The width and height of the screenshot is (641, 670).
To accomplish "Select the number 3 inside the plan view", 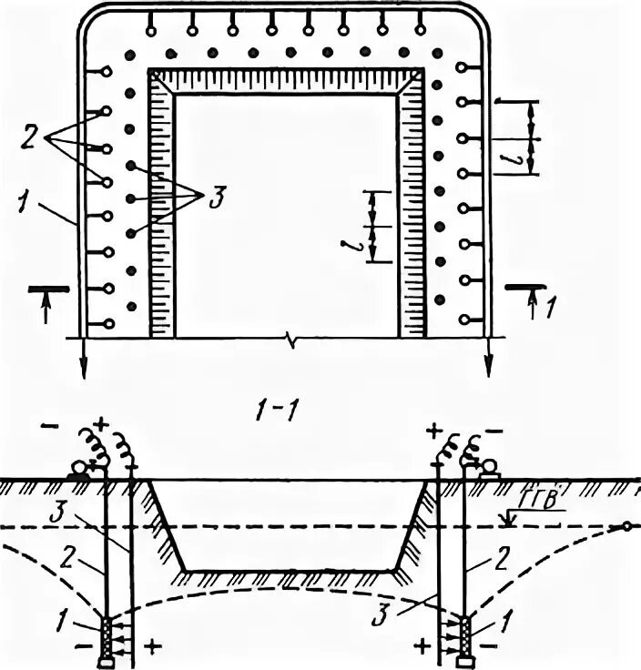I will click(215, 199).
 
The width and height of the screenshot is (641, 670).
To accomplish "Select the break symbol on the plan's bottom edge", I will click(290, 340).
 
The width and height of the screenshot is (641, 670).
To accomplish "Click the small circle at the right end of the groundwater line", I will click(626, 527).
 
